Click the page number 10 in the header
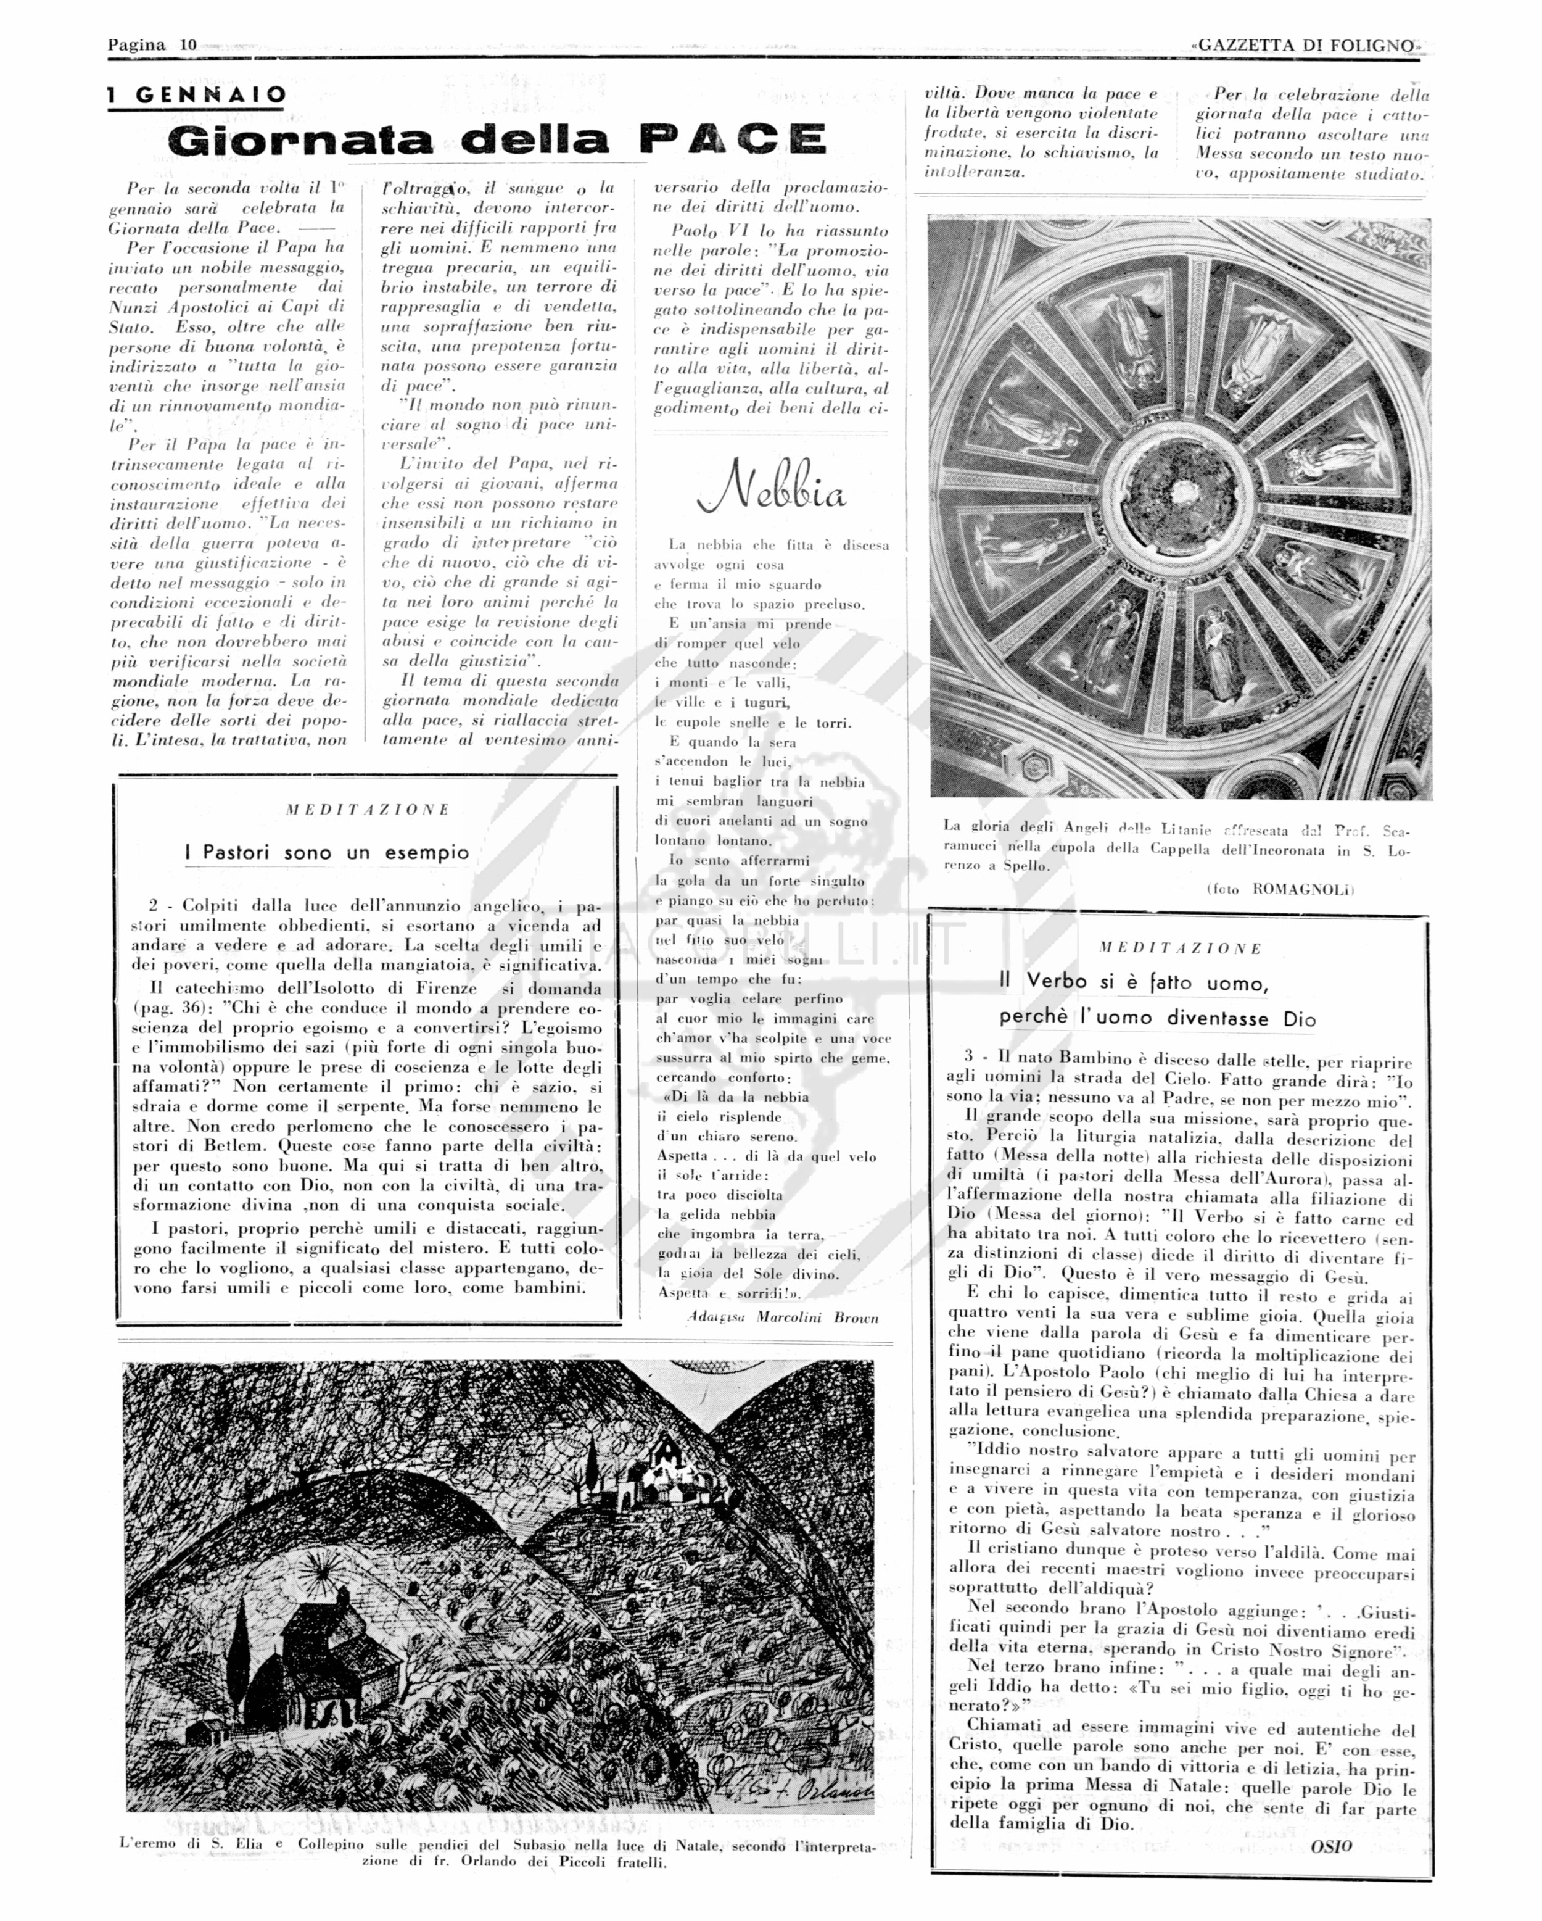point(188,44)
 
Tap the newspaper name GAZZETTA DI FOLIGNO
point(1306,46)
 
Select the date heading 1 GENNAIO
point(198,94)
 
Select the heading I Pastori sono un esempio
point(327,853)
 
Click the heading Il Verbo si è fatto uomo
point(1133,982)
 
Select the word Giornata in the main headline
point(300,141)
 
